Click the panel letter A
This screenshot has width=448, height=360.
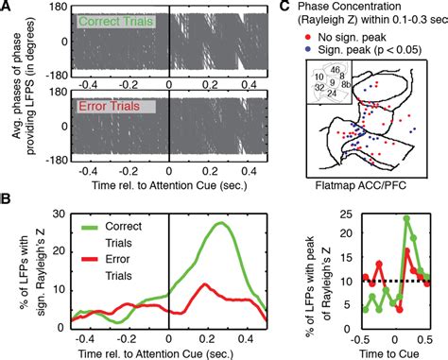pos(8,8)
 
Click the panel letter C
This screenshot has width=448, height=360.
pos(305,8)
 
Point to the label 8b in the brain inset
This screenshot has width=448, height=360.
pos(348,109)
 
